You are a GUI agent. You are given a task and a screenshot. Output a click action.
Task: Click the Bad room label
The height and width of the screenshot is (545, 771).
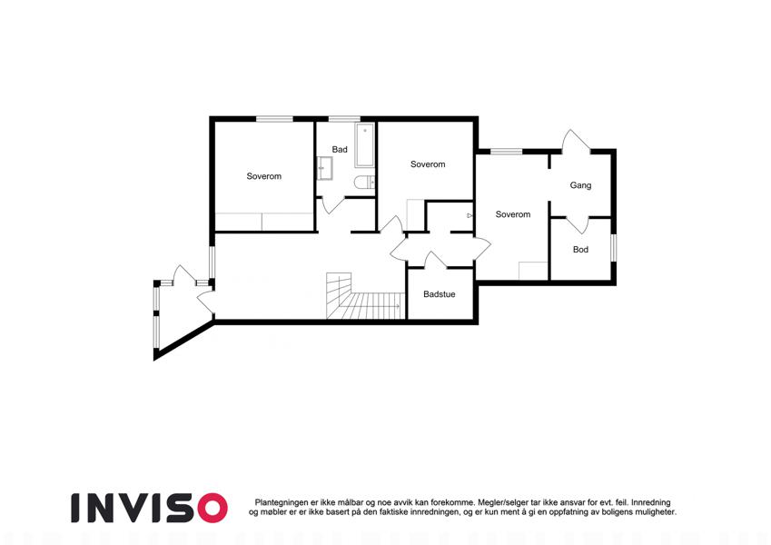[340, 150]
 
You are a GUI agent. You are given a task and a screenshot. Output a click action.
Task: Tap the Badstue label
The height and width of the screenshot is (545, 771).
[440, 294]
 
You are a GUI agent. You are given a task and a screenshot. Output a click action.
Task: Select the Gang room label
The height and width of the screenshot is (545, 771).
[580, 185]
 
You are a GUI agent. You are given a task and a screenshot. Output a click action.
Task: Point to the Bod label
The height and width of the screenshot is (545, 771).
[580, 250]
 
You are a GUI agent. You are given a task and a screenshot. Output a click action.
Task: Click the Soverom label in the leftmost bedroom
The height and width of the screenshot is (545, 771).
[264, 176]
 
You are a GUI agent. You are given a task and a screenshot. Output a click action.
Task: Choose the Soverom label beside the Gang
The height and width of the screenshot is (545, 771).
[513, 214]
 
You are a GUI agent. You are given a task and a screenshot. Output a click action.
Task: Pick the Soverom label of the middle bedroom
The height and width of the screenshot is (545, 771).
[428, 164]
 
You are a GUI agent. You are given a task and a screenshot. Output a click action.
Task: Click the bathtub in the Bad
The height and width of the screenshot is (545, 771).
[364, 145]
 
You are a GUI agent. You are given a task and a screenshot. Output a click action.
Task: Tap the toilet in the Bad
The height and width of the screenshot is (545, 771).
[364, 183]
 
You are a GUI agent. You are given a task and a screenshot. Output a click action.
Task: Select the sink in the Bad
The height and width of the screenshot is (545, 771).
[324, 168]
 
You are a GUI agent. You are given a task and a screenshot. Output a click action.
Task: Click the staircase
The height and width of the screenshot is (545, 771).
[365, 296]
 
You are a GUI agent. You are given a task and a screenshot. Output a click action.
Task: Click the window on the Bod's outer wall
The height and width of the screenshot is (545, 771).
[613, 248]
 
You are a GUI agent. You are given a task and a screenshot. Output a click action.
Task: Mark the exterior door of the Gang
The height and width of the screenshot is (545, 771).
[576, 141]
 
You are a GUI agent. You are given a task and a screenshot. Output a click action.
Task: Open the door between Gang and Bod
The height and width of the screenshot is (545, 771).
[578, 224]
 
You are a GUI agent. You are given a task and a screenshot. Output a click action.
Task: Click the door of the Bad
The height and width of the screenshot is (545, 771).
[333, 205]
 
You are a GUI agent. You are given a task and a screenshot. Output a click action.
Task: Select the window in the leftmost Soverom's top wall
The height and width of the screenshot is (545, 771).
[275, 119]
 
